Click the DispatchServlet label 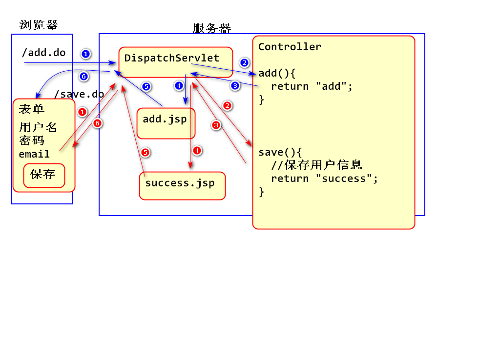click(171, 58)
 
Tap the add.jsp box click(166, 123)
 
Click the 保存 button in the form click(44, 175)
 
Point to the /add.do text click(44, 53)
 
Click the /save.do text click(79, 94)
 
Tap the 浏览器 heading click(39, 25)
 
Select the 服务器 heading click(211, 28)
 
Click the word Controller click(290, 47)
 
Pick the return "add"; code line click(312, 86)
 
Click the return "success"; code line click(324, 179)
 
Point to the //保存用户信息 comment click(316, 165)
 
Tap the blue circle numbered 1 click(86, 54)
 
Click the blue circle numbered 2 click(245, 62)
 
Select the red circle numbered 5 click(145, 152)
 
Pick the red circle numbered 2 click(227, 105)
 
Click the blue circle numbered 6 click(83, 76)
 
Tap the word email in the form click(34, 154)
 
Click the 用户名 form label click(38, 128)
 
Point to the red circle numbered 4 click(196, 150)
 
